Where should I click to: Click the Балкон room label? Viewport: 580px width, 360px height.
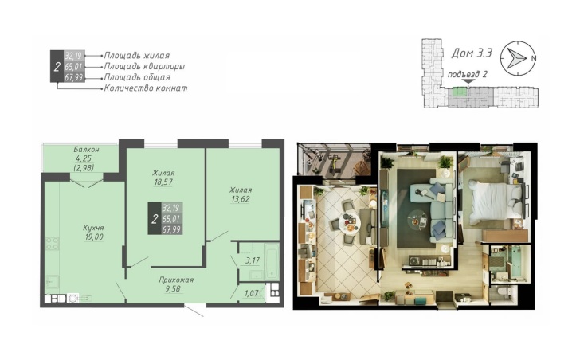point(86,150)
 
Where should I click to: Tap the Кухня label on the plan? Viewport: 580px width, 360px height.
point(93,228)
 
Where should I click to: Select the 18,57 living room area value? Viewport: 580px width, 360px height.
point(163,182)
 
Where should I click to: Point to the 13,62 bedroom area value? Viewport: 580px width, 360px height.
point(240,199)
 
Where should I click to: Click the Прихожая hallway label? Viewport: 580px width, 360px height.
point(176,280)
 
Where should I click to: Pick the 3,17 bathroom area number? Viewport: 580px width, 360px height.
point(253,260)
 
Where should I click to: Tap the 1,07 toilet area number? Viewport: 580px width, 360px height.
point(251,293)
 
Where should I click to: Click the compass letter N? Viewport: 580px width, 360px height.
point(534,58)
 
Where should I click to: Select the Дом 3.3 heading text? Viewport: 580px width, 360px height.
point(472,53)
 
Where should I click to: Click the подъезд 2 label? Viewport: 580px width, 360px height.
point(467,74)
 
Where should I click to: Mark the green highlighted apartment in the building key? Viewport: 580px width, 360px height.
point(460,92)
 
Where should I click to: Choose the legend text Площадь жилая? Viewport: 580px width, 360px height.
point(137,56)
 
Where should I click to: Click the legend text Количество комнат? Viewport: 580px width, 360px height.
point(146,88)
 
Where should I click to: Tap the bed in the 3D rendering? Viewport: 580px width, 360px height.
point(496,201)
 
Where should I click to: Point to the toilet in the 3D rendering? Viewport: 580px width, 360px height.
point(504,292)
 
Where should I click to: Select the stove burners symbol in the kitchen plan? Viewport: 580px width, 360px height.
point(52,243)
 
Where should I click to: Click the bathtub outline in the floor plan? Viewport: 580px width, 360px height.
point(272,261)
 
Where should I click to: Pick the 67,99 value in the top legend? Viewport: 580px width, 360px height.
point(74,77)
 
